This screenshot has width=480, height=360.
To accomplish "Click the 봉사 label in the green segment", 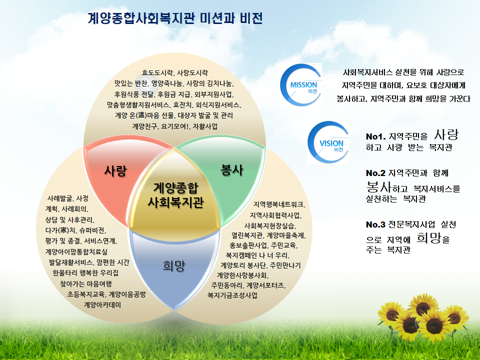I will (232, 170).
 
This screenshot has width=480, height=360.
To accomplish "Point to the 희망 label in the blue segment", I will (173, 265).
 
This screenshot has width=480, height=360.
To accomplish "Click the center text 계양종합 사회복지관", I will (175, 195).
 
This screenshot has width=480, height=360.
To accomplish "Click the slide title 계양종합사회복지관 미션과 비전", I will (175, 19).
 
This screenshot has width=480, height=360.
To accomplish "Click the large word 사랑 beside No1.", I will (446, 134).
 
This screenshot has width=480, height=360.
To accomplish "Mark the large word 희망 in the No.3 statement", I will (429, 237).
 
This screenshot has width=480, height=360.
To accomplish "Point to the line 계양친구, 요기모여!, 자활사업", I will (174, 126).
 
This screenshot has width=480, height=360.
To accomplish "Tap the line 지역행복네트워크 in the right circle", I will (279, 204).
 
